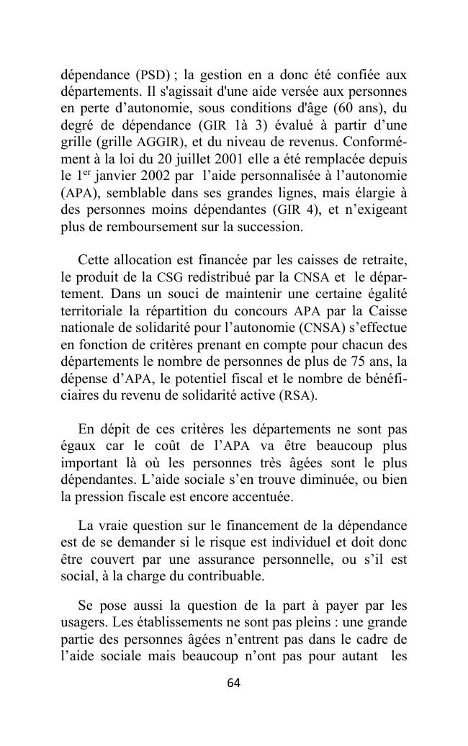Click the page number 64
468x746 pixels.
(233, 683)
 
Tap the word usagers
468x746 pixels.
(81, 621)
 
